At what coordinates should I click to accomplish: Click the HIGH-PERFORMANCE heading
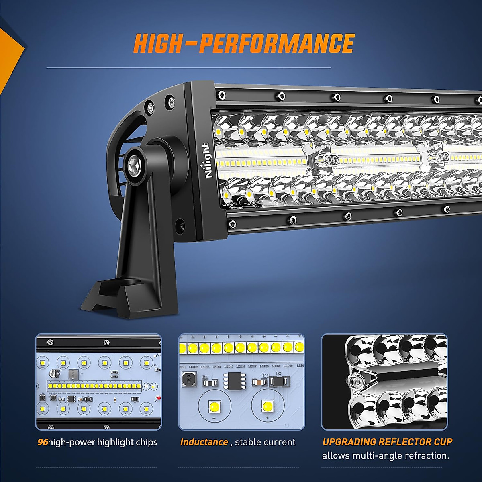pyautogui.click(x=244, y=44)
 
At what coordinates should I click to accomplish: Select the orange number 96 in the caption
pyautogui.click(x=43, y=442)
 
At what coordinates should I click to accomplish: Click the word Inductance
pyautogui.click(x=204, y=442)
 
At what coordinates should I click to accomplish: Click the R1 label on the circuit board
pyautogui.click(x=206, y=377)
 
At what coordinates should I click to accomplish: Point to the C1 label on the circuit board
pyautogui.click(x=266, y=376)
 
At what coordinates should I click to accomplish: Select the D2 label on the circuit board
pyautogui.click(x=279, y=373)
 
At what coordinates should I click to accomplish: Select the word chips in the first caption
pyautogui.click(x=146, y=443)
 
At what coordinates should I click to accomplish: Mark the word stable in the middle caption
pyautogui.click(x=247, y=442)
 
